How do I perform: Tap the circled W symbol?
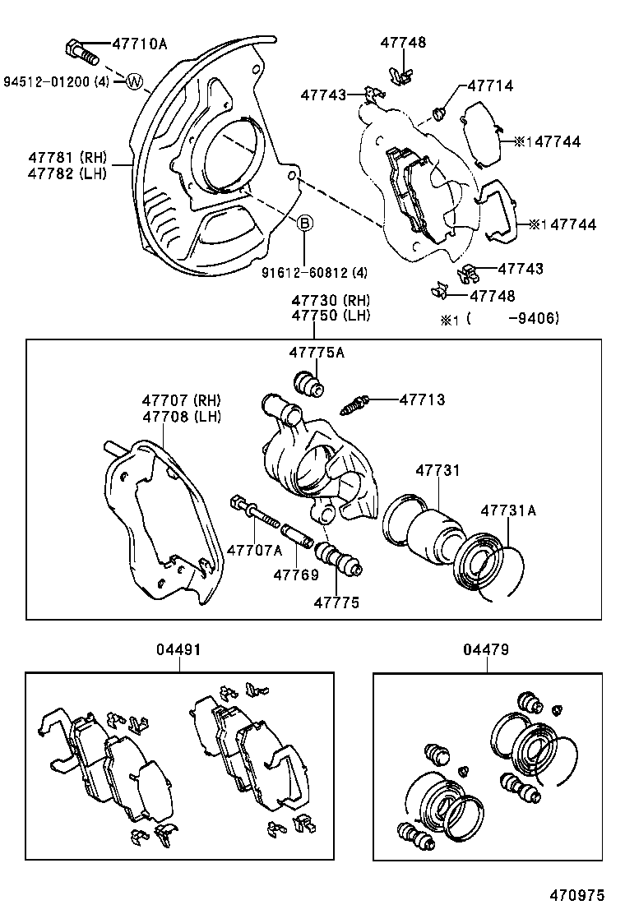pos(136,81)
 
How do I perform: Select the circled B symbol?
pos(304,222)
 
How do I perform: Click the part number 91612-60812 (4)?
pos(303,272)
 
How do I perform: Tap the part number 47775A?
pos(316,353)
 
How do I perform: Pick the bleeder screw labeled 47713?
pos(355,404)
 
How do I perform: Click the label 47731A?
pos(508,510)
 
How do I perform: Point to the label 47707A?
pos(254,550)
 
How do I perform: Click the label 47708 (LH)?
pos(181,416)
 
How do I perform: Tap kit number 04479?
pos(486,650)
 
